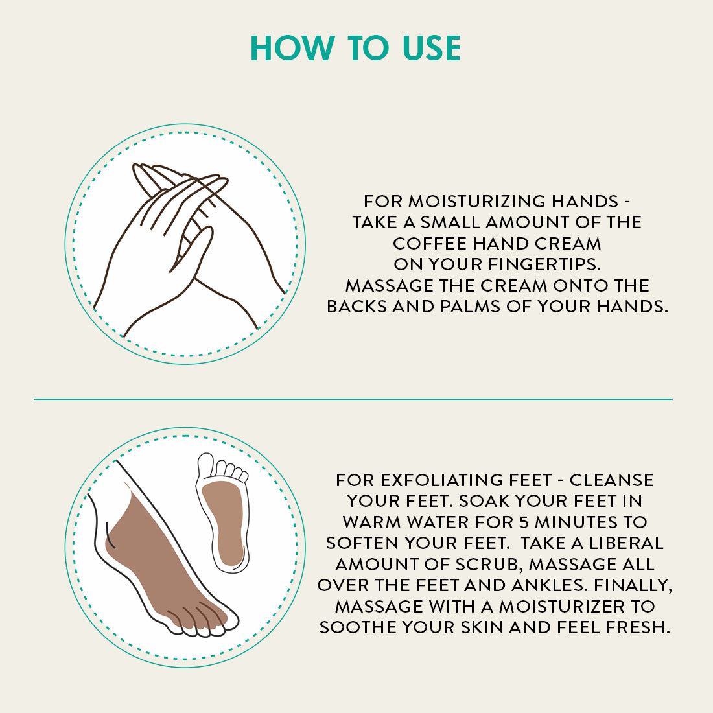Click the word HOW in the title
pos(292,48)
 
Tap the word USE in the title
pos(432,48)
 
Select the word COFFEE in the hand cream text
pos(430,243)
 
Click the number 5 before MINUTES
pos(524,522)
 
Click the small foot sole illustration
pos(222,512)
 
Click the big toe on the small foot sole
pos(205,464)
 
